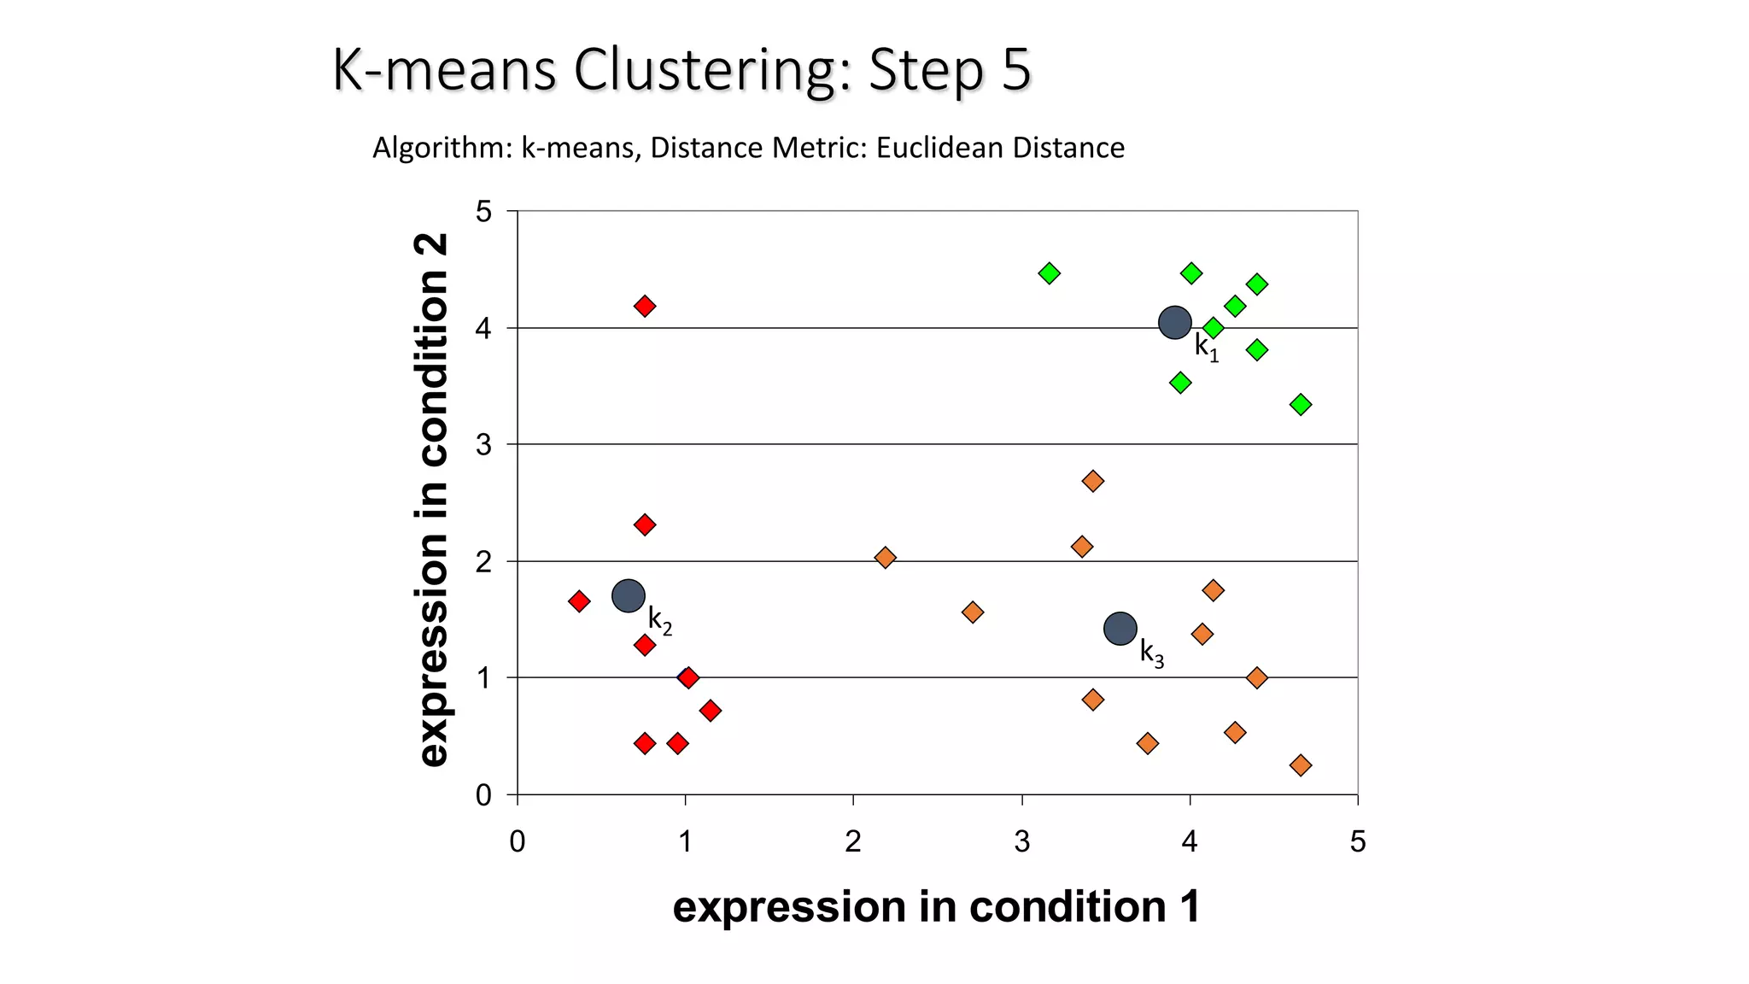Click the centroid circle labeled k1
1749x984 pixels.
click(x=1175, y=323)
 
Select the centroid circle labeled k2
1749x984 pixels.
click(x=629, y=595)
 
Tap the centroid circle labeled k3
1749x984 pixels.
click(x=1120, y=629)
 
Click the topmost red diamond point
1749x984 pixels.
click(x=645, y=306)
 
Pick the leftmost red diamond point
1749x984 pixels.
click(x=579, y=601)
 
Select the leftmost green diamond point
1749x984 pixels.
click(x=1050, y=273)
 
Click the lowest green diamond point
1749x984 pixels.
click(x=1301, y=405)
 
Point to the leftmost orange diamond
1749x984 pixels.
click(x=886, y=558)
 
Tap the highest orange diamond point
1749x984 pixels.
click(x=1092, y=481)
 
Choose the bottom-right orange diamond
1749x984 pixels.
click(x=1301, y=765)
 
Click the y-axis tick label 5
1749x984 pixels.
click(x=484, y=212)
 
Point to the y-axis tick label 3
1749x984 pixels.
click(x=484, y=445)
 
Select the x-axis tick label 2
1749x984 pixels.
click(x=853, y=842)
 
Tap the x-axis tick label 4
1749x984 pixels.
click(x=1190, y=842)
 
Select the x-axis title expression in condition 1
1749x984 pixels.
click(x=936, y=906)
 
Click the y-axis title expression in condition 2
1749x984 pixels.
click(x=432, y=500)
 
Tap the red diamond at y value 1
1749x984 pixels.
click(x=688, y=678)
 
